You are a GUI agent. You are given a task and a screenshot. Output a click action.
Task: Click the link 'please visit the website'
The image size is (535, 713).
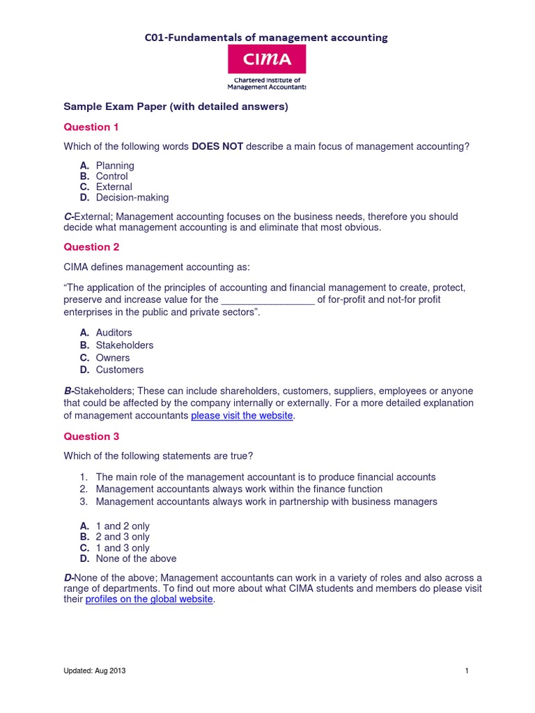click(x=242, y=416)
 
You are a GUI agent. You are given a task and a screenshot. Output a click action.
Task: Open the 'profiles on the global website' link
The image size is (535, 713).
click(x=149, y=599)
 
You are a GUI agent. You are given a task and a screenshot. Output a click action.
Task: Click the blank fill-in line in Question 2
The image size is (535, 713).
click(x=267, y=300)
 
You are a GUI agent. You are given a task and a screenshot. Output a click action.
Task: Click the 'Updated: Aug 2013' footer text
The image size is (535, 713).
click(x=95, y=671)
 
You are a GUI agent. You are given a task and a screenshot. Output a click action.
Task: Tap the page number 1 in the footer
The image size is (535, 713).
click(x=466, y=671)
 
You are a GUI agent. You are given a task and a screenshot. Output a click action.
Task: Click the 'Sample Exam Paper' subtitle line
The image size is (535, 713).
click(x=176, y=107)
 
